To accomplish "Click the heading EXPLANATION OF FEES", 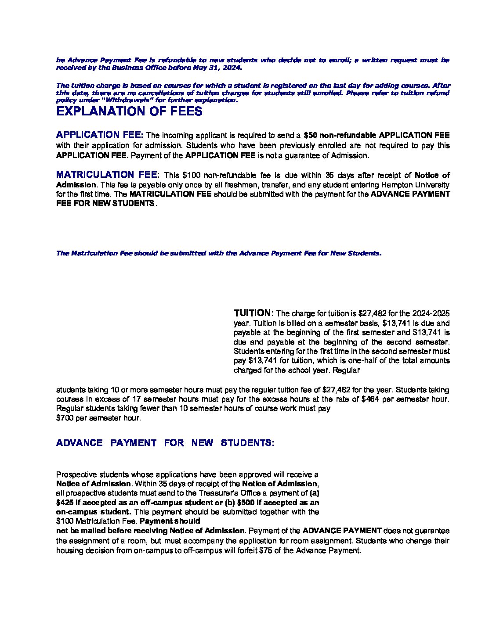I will pos(129,111).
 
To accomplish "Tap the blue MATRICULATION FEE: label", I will pos(109,175).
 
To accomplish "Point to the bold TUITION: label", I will pos(254,313).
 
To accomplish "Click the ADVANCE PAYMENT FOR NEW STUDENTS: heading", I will pos(165,443).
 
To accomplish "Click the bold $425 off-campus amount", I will pos(65,503).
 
